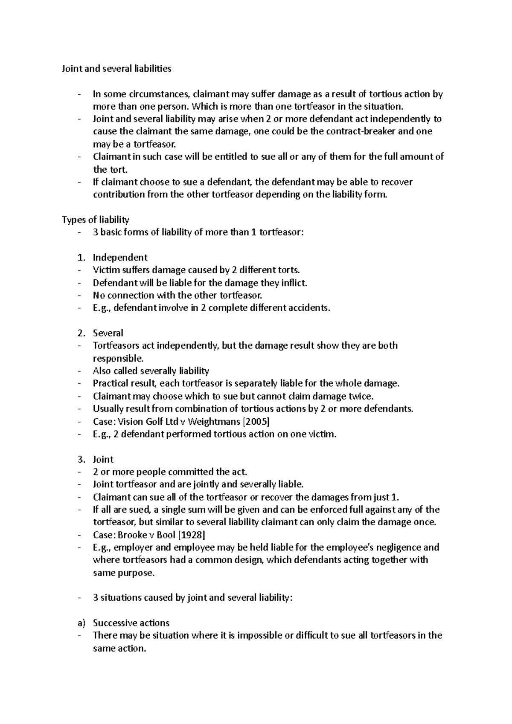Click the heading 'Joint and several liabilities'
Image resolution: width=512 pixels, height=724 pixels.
tap(116, 69)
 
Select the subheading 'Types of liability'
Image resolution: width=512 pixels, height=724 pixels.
tap(95, 220)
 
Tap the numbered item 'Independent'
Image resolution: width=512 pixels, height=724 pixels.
tap(120, 258)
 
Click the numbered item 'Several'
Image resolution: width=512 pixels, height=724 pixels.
tap(108, 333)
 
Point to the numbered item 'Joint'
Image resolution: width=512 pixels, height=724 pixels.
tap(103, 459)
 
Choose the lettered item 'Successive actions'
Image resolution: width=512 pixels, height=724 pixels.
tap(131, 623)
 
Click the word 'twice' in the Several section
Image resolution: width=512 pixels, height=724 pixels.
tap(361, 396)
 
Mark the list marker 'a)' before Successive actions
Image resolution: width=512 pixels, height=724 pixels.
tap(81, 623)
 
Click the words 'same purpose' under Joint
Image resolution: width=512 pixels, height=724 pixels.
tap(123, 573)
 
